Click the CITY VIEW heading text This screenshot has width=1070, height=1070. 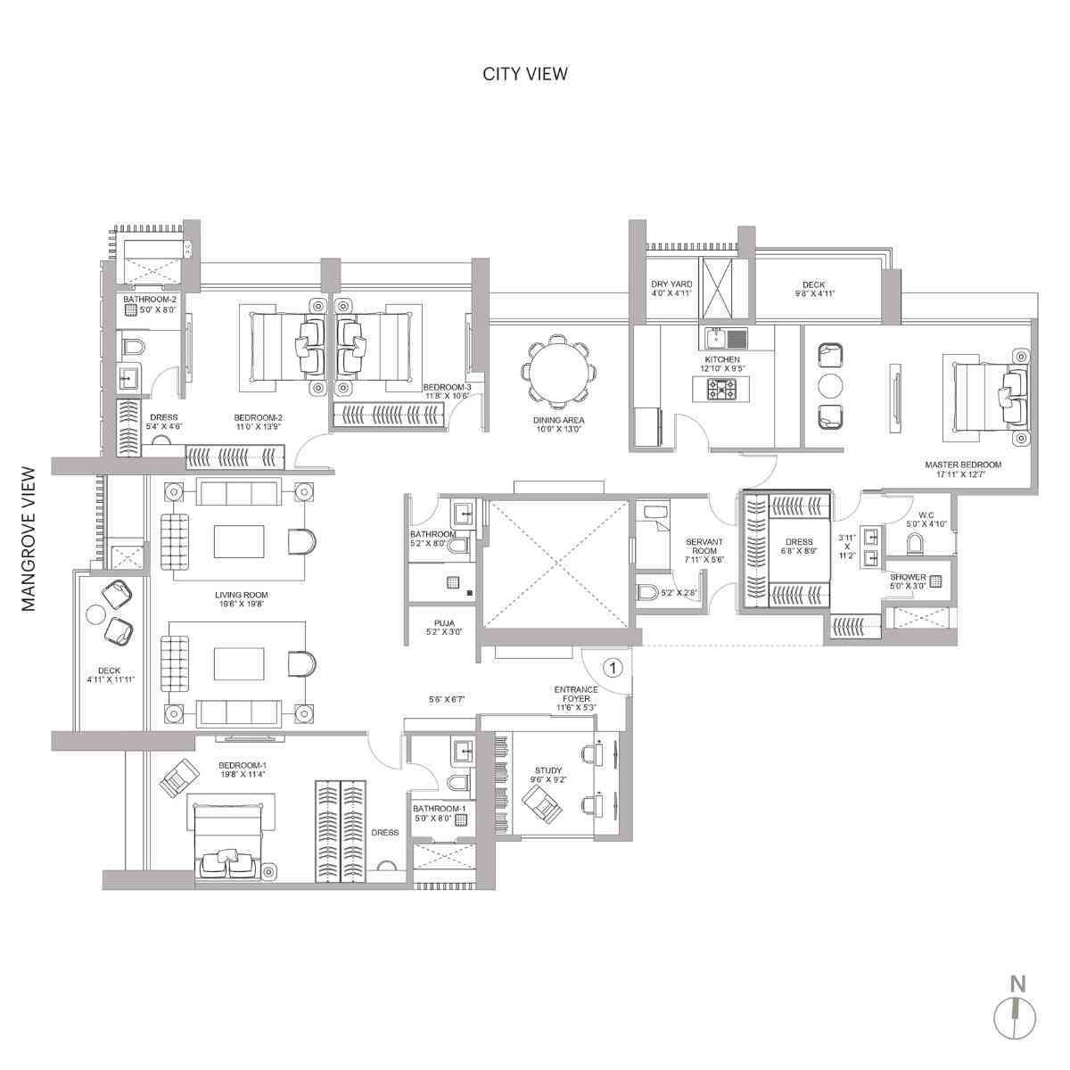click(524, 74)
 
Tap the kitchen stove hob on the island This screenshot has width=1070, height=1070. click(721, 389)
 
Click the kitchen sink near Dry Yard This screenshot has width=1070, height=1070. click(726, 338)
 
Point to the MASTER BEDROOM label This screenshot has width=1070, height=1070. click(962, 465)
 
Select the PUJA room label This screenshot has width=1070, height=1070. click(433, 624)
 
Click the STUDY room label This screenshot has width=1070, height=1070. click(547, 770)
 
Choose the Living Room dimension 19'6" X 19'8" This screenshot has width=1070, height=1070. click(241, 604)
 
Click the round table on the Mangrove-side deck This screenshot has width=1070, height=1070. click(96, 614)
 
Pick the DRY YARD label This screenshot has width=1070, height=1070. click(671, 284)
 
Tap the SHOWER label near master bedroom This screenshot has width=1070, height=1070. click(907, 577)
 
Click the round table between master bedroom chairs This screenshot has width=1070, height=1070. click(829, 385)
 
